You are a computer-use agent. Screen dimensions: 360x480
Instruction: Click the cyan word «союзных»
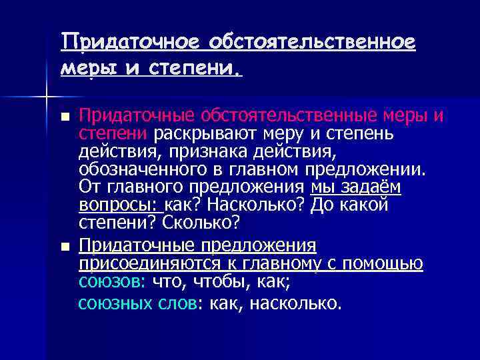(x=115, y=304)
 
